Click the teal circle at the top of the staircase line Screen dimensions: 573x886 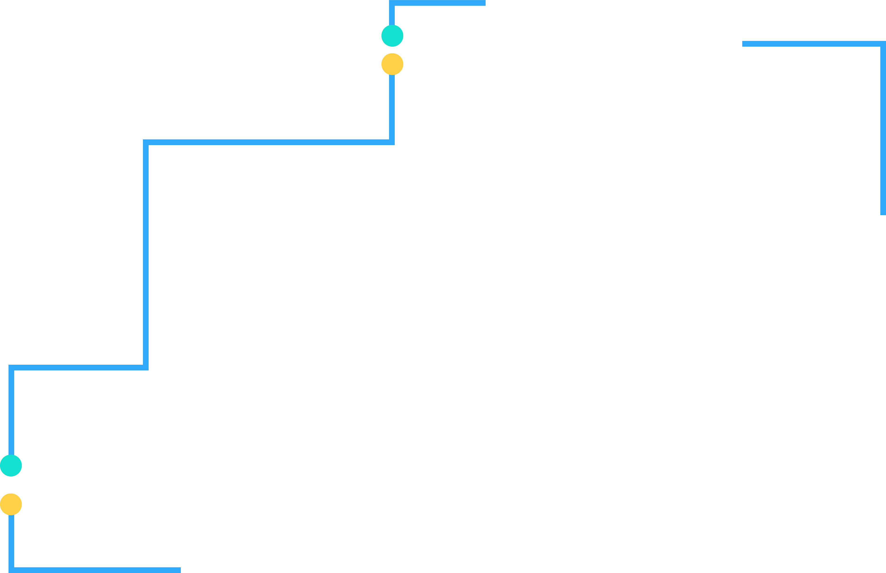point(392,36)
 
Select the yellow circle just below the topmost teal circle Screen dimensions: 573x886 point(392,64)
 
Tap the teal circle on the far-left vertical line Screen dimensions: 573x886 point(11,466)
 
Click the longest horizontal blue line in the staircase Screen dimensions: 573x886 point(268,142)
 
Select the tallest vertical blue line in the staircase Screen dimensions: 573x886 point(146,253)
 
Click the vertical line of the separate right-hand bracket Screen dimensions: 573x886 point(883,130)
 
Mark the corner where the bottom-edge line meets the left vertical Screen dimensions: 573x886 point(11,570)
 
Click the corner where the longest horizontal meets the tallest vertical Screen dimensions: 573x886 point(146,142)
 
